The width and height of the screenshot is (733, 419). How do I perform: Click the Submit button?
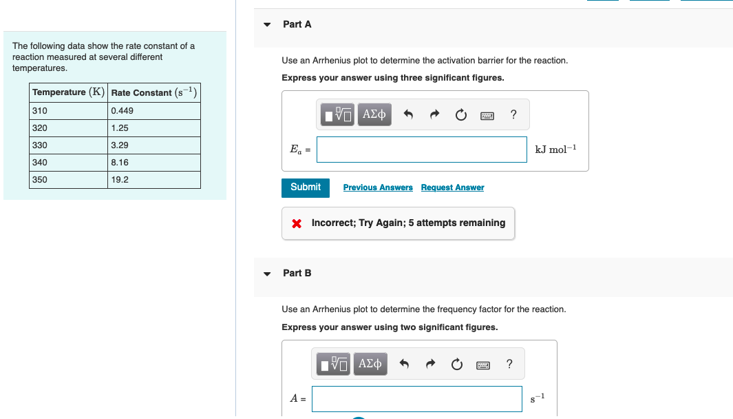pyautogui.click(x=305, y=187)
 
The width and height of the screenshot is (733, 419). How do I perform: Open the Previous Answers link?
pyautogui.click(x=378, y=187)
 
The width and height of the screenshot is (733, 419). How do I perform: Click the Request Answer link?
pyautogui.click(x=452, y=187)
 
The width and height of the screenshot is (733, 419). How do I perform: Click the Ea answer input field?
pyautogui.click(x=421, y=150)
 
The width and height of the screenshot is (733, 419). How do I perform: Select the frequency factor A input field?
pyautogui.click(x=416, y=398)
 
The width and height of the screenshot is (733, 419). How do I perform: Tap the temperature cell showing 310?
pyautogui.click(x=68, y=111)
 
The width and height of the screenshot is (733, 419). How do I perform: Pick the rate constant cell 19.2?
pyautogui.click(x=154, y=180)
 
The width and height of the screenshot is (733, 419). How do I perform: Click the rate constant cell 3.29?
pyautogui.click(x=154, y=145)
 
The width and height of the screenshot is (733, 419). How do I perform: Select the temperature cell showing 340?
pyautogui.click(x=68, y=163)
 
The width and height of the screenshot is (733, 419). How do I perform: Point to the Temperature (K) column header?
pyautogui.click(x=68, y=92)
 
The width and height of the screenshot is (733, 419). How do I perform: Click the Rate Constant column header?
pyautogui.click(x=154, y=92)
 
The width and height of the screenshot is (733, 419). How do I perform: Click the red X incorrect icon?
pyautogui.click(x=296, y=223)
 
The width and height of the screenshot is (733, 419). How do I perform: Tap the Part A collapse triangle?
pyautogui.click(x=267, y=25)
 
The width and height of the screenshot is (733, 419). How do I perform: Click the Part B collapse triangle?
pyautogui.click(x=267, y=274)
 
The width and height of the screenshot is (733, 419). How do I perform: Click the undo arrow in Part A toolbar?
pyautogui.click(x=408, y=115)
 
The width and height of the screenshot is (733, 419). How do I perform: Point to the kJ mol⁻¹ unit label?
pyautogui.click(x=555, y=150)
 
